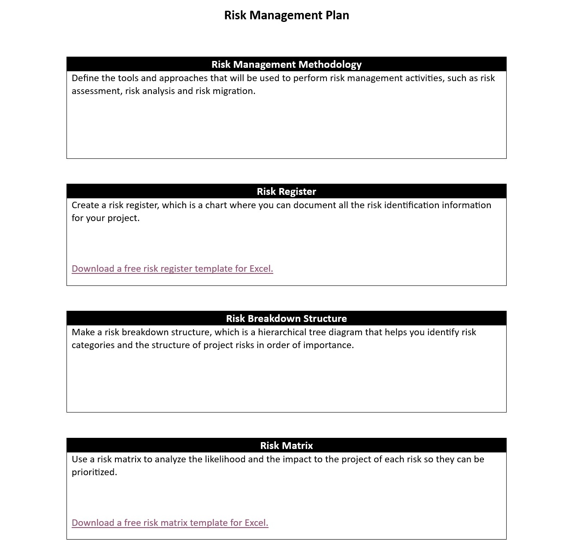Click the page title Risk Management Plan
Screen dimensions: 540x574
click(287, 15)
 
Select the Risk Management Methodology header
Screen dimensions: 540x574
click(287, 64)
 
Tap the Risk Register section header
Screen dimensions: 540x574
click(287, 191)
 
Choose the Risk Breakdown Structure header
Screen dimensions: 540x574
click(287, 319)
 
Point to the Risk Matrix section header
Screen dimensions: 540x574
click(287, 446)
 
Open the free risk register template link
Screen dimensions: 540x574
click(172, 269)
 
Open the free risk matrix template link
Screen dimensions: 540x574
click(170, 523)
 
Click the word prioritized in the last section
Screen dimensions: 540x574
click(94, 472)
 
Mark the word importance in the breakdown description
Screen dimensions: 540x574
click(328, 345)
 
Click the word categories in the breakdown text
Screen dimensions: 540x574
click(93, 345)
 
